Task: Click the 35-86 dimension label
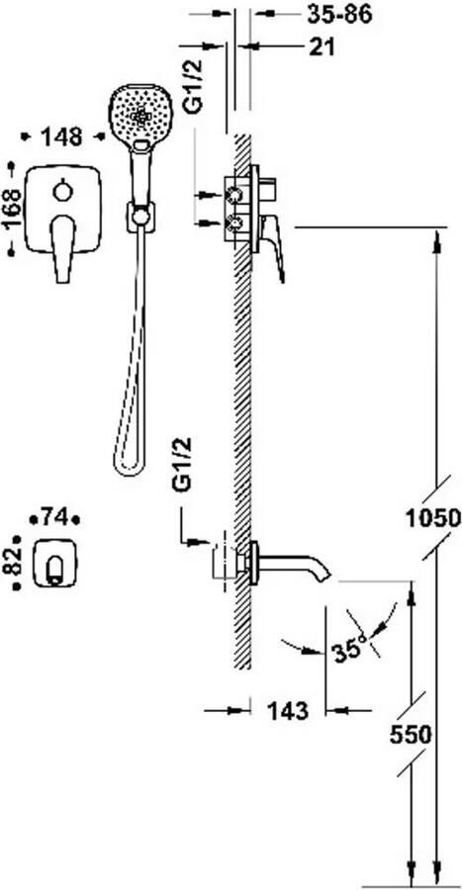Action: pos(339,15)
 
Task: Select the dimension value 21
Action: pos(322,47)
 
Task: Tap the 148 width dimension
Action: pos(62,136)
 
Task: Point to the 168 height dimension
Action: pos(13,209)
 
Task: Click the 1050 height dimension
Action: pos(433,517)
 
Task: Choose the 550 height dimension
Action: pos(411,736)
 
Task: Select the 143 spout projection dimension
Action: pos(288,710)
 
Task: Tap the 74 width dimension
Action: pos(55,517)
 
